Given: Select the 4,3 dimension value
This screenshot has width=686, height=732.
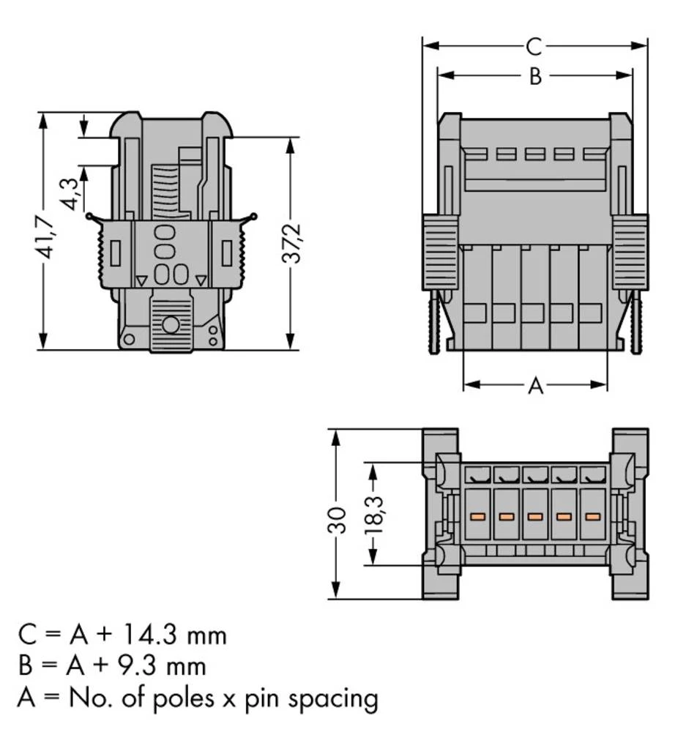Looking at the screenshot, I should pyautogui.click(x=70, y=192).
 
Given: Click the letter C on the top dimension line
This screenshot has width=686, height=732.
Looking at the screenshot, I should pyautogui.click(x=534, y=47).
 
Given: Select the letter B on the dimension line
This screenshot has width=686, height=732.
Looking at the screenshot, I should pyautogui.click(x=535, y=76).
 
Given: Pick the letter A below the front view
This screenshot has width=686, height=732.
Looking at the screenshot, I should pyautogui.click(x=536, y=386).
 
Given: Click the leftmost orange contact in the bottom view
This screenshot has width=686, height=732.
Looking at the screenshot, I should pyautogui.click(x=477, y=516).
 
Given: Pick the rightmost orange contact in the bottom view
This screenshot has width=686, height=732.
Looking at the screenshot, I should pyautogui.click(x=592, y=516).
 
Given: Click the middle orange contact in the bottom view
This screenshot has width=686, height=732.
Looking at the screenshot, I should pyautogui.click(x=534, y=516).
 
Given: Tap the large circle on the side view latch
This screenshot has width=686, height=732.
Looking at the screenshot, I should pyautogui.click(x=171, y=324).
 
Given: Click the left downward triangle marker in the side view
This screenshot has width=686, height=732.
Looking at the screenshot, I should pyautogui.click(x=141, y=280).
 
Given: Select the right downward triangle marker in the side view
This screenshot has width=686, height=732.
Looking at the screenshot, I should pyautogui.click(x=201, y=280).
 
